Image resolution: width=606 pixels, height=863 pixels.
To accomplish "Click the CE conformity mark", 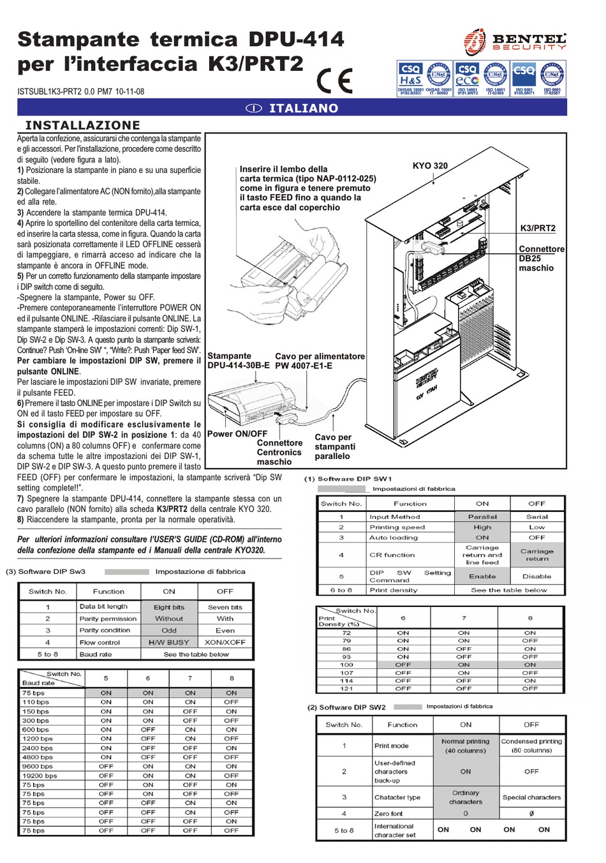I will pyautogui.click(x=334, y=81).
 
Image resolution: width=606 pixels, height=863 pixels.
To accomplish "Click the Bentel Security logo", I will pyautogui.click(x=515, y=43).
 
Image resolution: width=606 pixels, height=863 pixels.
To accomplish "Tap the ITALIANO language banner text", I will pyautogui.click(x=303, y=109).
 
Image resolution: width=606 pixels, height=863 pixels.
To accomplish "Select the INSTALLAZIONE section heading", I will pyautogui.click(x=82, y=125).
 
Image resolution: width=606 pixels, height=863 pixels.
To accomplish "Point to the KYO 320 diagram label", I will pyautogui.click(x=430, y=165).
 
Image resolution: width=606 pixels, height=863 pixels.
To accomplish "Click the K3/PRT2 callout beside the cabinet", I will pyautogui.click(x=538, y=228).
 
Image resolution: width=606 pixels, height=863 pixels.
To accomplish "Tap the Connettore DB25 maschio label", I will pyautogui.click(x=541, y=259).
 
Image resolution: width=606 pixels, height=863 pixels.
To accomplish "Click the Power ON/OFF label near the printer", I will pyautogui.click(x=237, y=433).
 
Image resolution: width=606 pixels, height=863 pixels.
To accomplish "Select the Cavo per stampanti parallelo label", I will pyautogui.click(x=334, y=447).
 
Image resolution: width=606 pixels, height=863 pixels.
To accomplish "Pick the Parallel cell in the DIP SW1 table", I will pyautogui.click(x=482, y=517).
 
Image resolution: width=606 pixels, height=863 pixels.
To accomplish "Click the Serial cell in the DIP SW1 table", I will pyautogui.click(x=537, y=517).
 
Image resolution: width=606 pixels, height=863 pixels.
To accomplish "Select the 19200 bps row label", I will pyautogui.click(x=40, y=776).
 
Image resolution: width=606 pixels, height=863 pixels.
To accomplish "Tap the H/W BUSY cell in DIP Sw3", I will pyautogui.click(x=168, y=642).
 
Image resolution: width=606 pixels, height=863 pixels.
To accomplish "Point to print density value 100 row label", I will pyautogui.click(x=346, y=664).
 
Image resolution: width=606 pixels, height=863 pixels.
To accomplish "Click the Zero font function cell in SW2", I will pyautogui.click(x=389, y=813).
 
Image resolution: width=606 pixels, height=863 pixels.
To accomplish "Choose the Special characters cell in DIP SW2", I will pyautogui.click(x=531, y=797).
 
